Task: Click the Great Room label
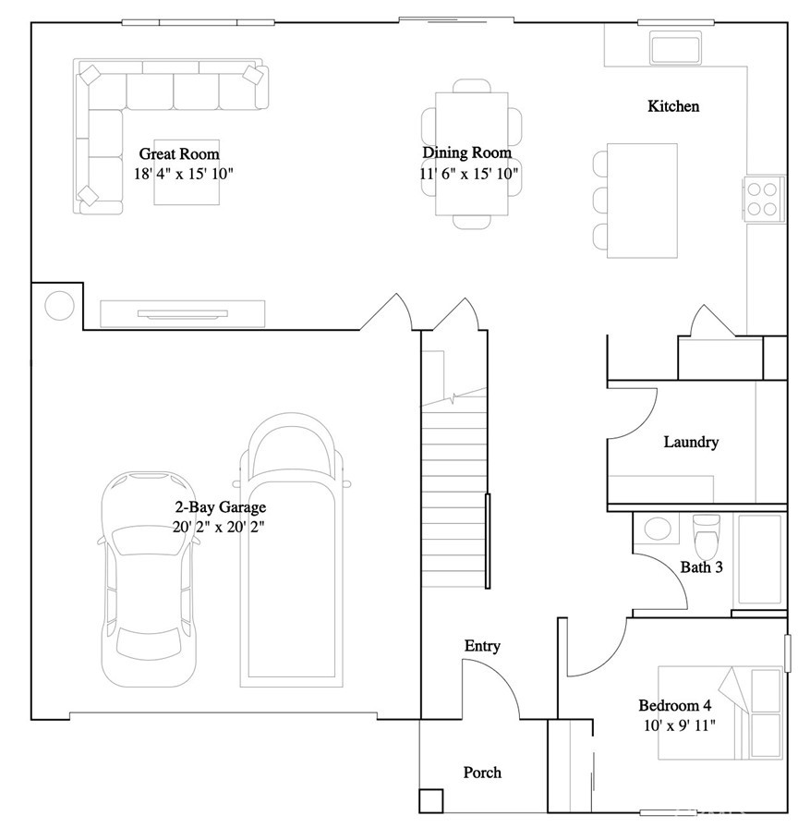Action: (x=178, y=153)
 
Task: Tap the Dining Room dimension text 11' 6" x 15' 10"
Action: (x=470, y=173)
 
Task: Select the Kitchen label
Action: (x=672, y=106)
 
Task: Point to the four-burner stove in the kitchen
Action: (x=762, y=197)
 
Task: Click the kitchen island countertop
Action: (x=642, y=201)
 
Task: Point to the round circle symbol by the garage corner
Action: (x=59, y=304)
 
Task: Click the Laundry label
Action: (x=690, y=442)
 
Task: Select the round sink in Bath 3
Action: (x=657, y=530)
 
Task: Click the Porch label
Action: (x=481, y=773)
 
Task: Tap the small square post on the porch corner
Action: (x=430, y=800)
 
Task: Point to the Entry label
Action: (x=481, y=646)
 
